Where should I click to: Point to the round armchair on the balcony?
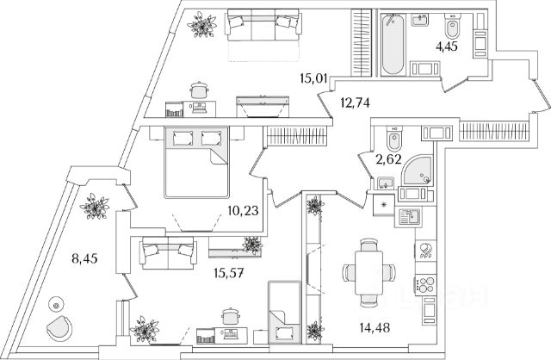[60, 327]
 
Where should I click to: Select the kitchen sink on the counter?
[407, 218]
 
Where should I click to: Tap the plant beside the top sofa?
[203, 26]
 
